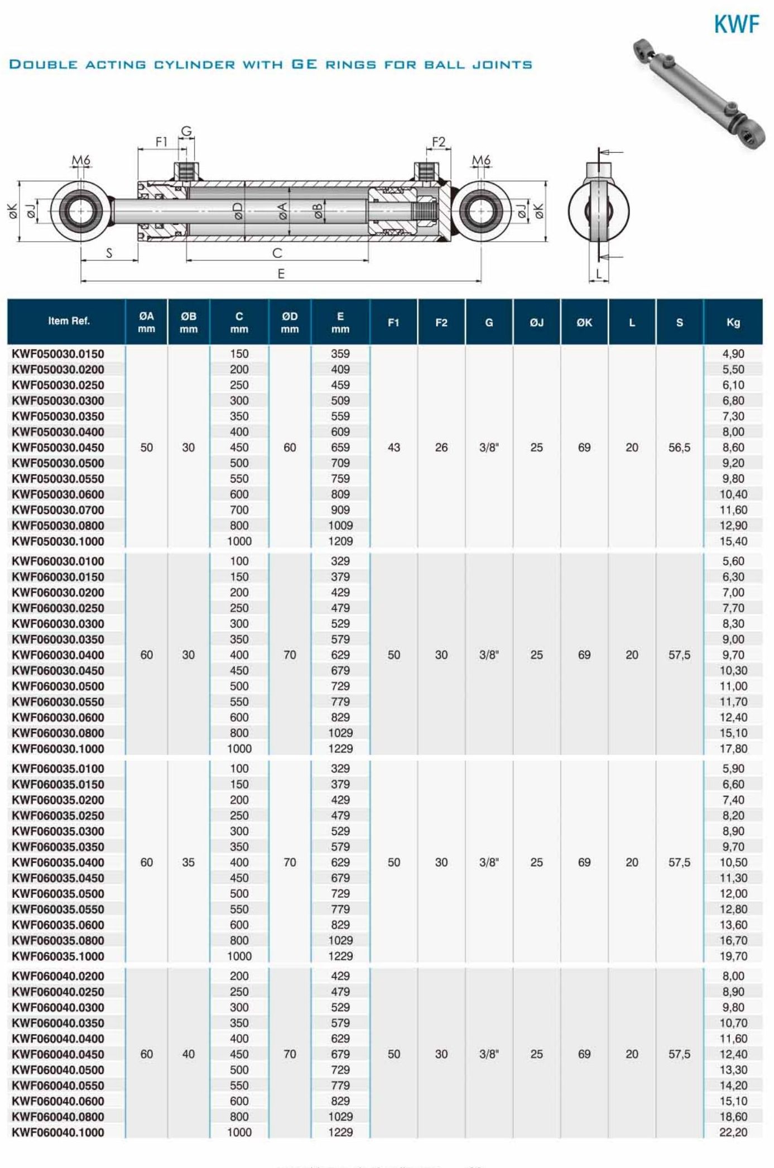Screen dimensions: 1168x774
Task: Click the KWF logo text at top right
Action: (736, 25)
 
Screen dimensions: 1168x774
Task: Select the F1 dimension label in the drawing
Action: (161, 142)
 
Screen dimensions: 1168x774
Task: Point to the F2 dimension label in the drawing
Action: (439, 142)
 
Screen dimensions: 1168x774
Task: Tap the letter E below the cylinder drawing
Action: (281, 273)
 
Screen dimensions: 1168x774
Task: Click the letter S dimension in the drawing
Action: (109, 253)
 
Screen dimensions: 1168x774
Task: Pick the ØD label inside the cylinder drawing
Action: (238, 211)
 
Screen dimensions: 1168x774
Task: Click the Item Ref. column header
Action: (69, 321)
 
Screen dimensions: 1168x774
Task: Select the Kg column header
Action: (733, 323)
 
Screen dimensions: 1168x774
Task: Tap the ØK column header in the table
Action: (584, 323)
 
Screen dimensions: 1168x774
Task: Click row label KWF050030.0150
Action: (58, 354)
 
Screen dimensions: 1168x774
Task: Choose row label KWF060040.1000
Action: (58, 1132)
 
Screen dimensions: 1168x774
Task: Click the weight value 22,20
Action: (733, 1132)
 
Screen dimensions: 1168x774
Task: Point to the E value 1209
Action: (340, 541)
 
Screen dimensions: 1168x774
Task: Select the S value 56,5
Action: (679, 448)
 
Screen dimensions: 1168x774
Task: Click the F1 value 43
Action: (393, 448)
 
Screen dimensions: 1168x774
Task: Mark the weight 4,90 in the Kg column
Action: (733, 354)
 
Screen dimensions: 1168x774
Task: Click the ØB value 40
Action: (188, 1054)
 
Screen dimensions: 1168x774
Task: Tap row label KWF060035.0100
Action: (58, 769)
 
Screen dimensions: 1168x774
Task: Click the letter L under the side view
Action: (599, 273)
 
